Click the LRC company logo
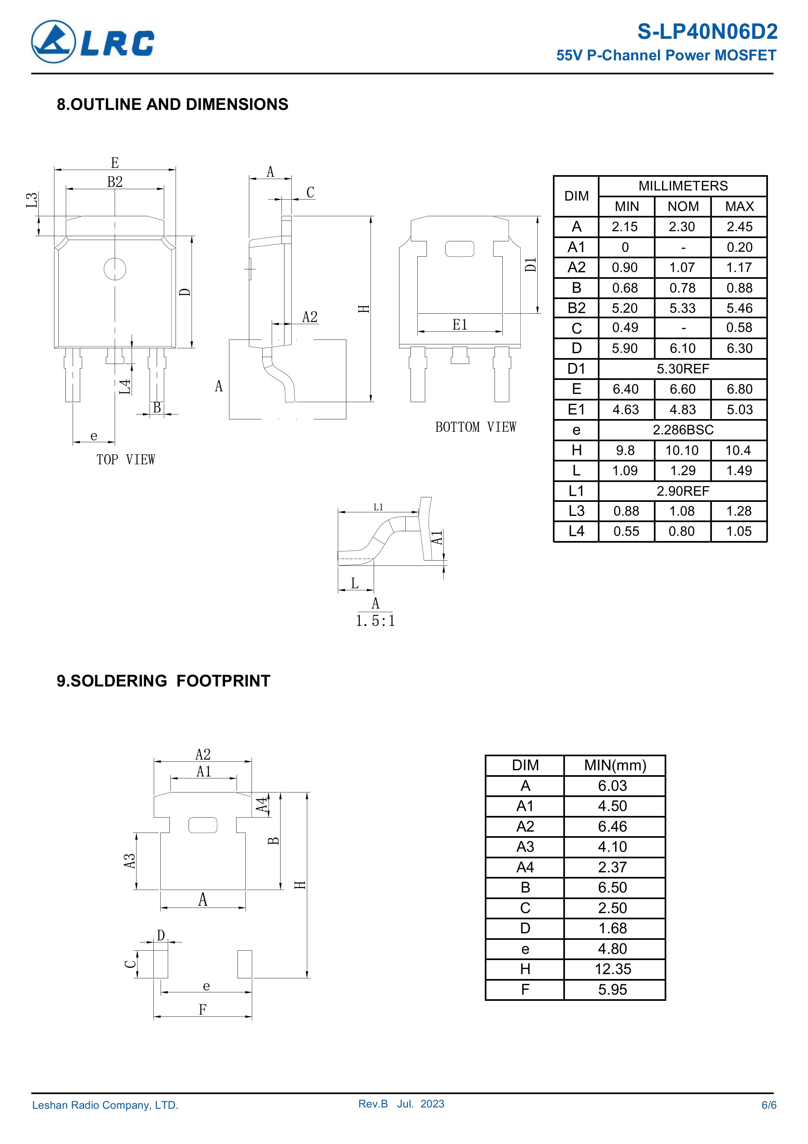click(x=93, y=42)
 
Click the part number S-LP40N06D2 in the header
click(x=707, y=32)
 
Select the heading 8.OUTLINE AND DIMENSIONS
click(x=172, y=105)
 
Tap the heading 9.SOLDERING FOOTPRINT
click(x=163, y=681)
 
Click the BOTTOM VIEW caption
click(x=475, y=427)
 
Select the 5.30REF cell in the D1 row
click(x=683, y=369)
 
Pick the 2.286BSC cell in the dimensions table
click(x=683, y=429)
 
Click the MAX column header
click(x=739, y=206)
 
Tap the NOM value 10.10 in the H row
click(x=682, y=450)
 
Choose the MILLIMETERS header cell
click(x=683, y=186)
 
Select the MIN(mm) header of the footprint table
click(x=615, y=765)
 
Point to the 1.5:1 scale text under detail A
click(x=375, y=621)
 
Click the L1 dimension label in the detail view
click(x=378, y=507)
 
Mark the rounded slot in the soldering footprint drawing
click(x=203, y=826)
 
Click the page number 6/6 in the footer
click(x=768, y=1105)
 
